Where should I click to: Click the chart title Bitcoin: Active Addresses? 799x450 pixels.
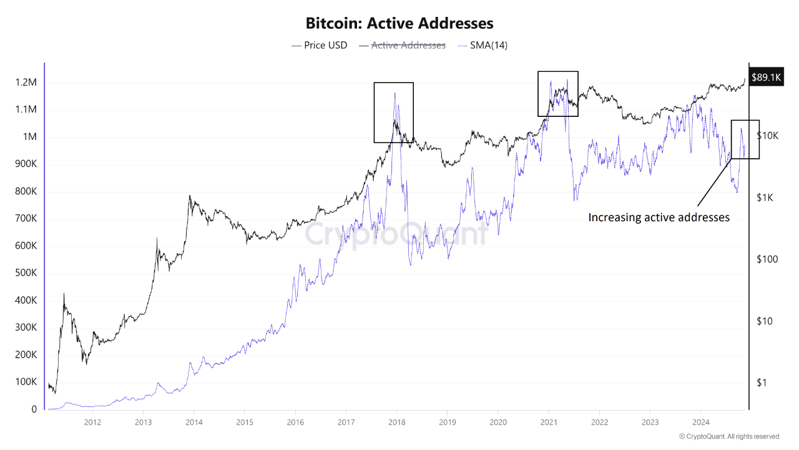coord(399,24)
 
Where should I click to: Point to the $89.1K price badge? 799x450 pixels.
coord(766,77)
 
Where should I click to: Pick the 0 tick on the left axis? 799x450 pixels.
coord(34,409)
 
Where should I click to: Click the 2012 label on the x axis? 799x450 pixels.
coord(92,422)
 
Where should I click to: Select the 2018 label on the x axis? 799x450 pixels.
coord(396,422)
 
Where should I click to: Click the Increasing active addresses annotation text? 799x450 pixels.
coord(659,217)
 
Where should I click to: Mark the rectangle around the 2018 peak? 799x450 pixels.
coord(393,83)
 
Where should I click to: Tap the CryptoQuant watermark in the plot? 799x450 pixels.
coord(396,234)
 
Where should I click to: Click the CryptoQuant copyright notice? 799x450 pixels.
coord(728,436)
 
